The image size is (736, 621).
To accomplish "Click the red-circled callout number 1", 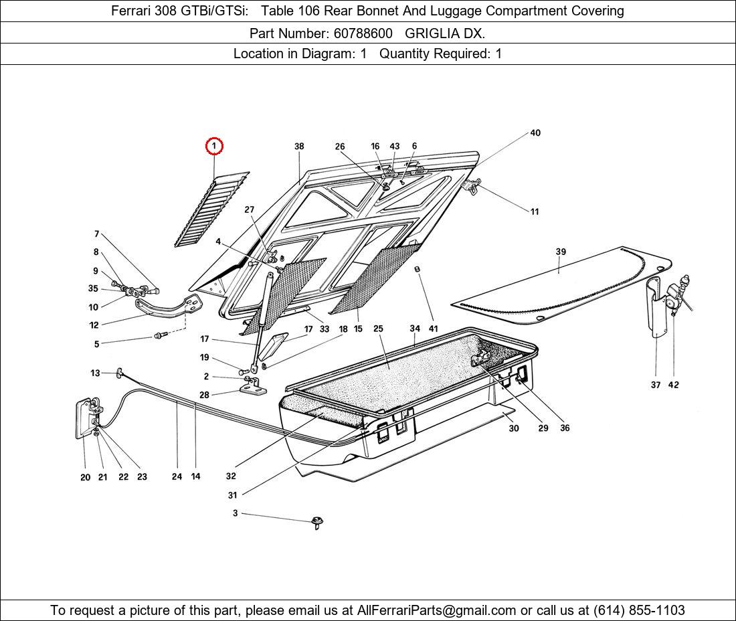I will point(214,146).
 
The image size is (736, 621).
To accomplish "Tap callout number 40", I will point(535,133).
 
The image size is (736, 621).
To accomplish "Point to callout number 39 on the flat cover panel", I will point(561,252).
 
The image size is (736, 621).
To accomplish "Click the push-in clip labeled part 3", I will point(317,522).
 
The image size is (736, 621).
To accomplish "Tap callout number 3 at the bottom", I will point(235,513).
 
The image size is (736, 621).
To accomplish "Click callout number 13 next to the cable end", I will point(95,373).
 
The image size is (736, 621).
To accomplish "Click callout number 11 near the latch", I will point(535,211).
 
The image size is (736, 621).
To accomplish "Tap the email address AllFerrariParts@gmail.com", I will point(437,610).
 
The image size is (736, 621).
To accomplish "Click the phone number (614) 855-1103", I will point(639,610).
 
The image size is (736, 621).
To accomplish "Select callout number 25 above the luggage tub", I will point(378,329).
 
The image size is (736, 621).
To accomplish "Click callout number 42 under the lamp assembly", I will point(673,385).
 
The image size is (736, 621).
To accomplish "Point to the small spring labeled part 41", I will point(417,269).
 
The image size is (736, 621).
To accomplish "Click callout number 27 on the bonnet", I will point(249,209).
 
